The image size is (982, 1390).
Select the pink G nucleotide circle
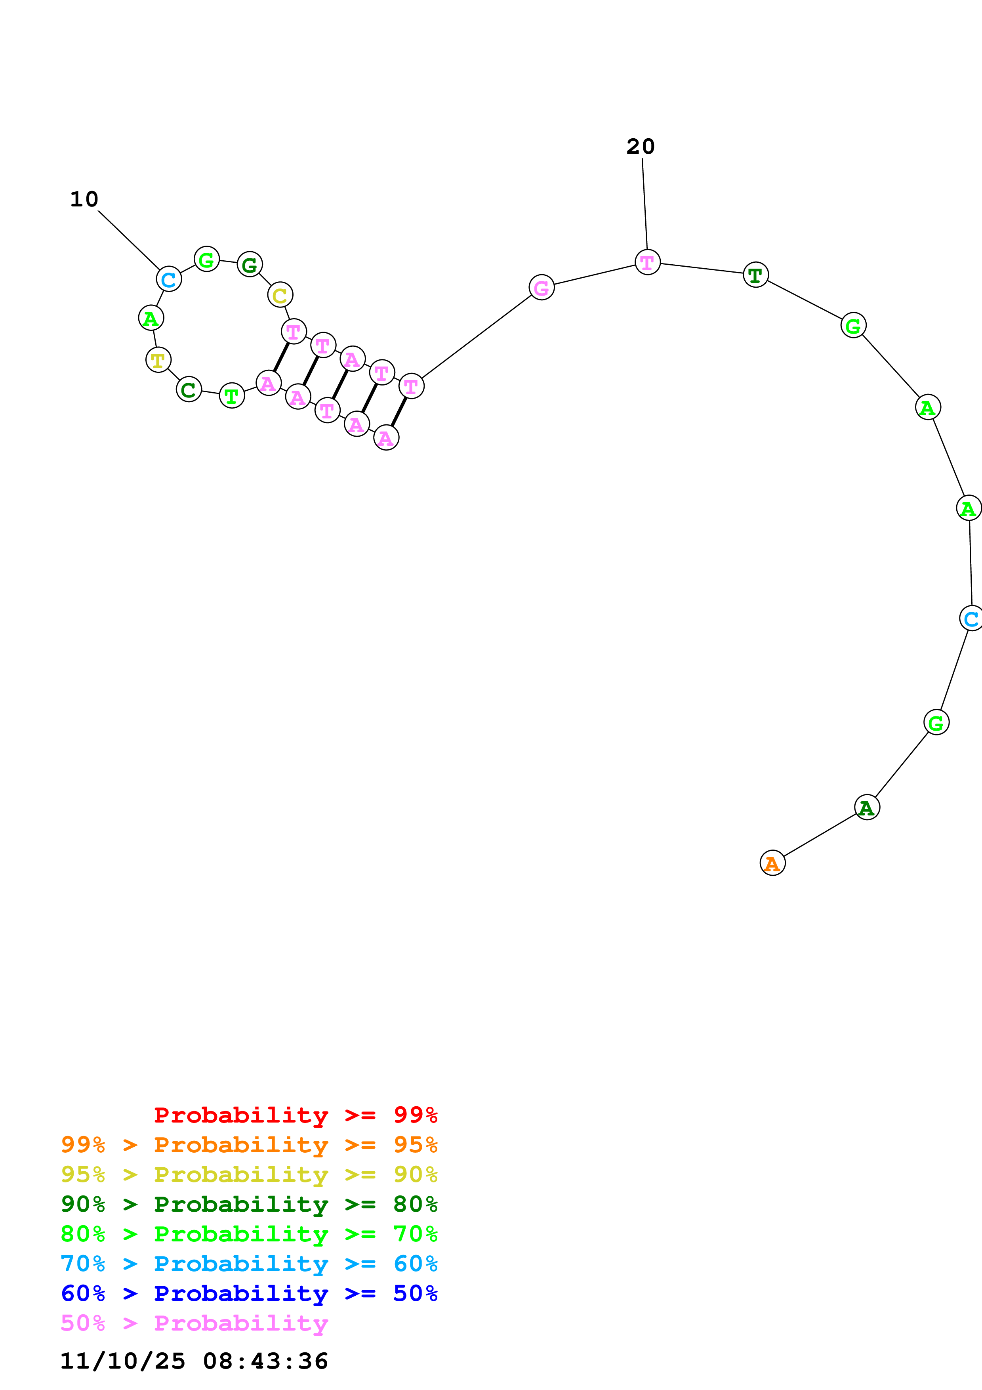click(542, 288)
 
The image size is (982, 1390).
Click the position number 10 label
click(84, 199)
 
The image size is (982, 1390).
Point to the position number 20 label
click(640, 147)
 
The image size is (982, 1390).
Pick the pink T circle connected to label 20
click(647, 262)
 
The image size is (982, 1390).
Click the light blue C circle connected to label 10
click(169, 279)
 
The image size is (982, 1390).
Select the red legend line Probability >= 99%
click(295, 1115)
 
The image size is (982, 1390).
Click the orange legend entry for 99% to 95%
click(249, 1145)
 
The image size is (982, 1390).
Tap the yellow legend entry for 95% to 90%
click(249, 1174)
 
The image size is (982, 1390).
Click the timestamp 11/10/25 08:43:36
click(194, 1361)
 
